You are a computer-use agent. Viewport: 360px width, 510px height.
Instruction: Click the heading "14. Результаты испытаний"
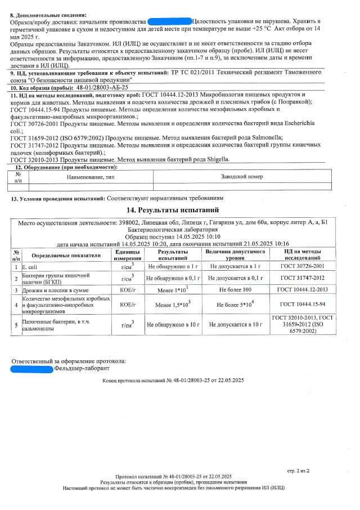pos(180,211)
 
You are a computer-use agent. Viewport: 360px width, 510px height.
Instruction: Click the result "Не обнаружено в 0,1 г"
pos(173,278)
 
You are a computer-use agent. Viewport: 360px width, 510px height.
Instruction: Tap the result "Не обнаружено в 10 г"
pos(173,325)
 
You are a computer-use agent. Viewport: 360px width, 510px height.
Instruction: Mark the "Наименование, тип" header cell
pos(91,177)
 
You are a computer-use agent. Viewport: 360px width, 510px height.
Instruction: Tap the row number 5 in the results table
pos(16,325)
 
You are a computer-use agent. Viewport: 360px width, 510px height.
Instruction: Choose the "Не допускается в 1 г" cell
pos(236,265)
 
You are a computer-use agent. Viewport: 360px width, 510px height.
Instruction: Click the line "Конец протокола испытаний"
pos(173,381)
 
